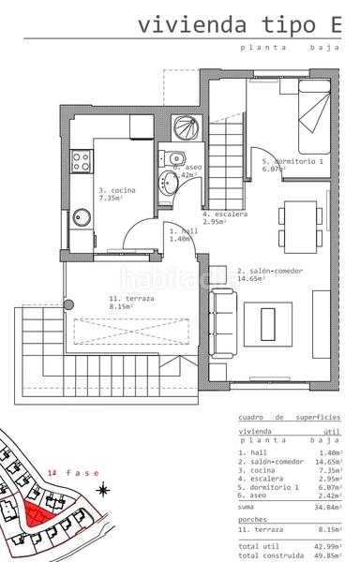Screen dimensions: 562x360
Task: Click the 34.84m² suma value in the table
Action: tap(328, 506)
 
